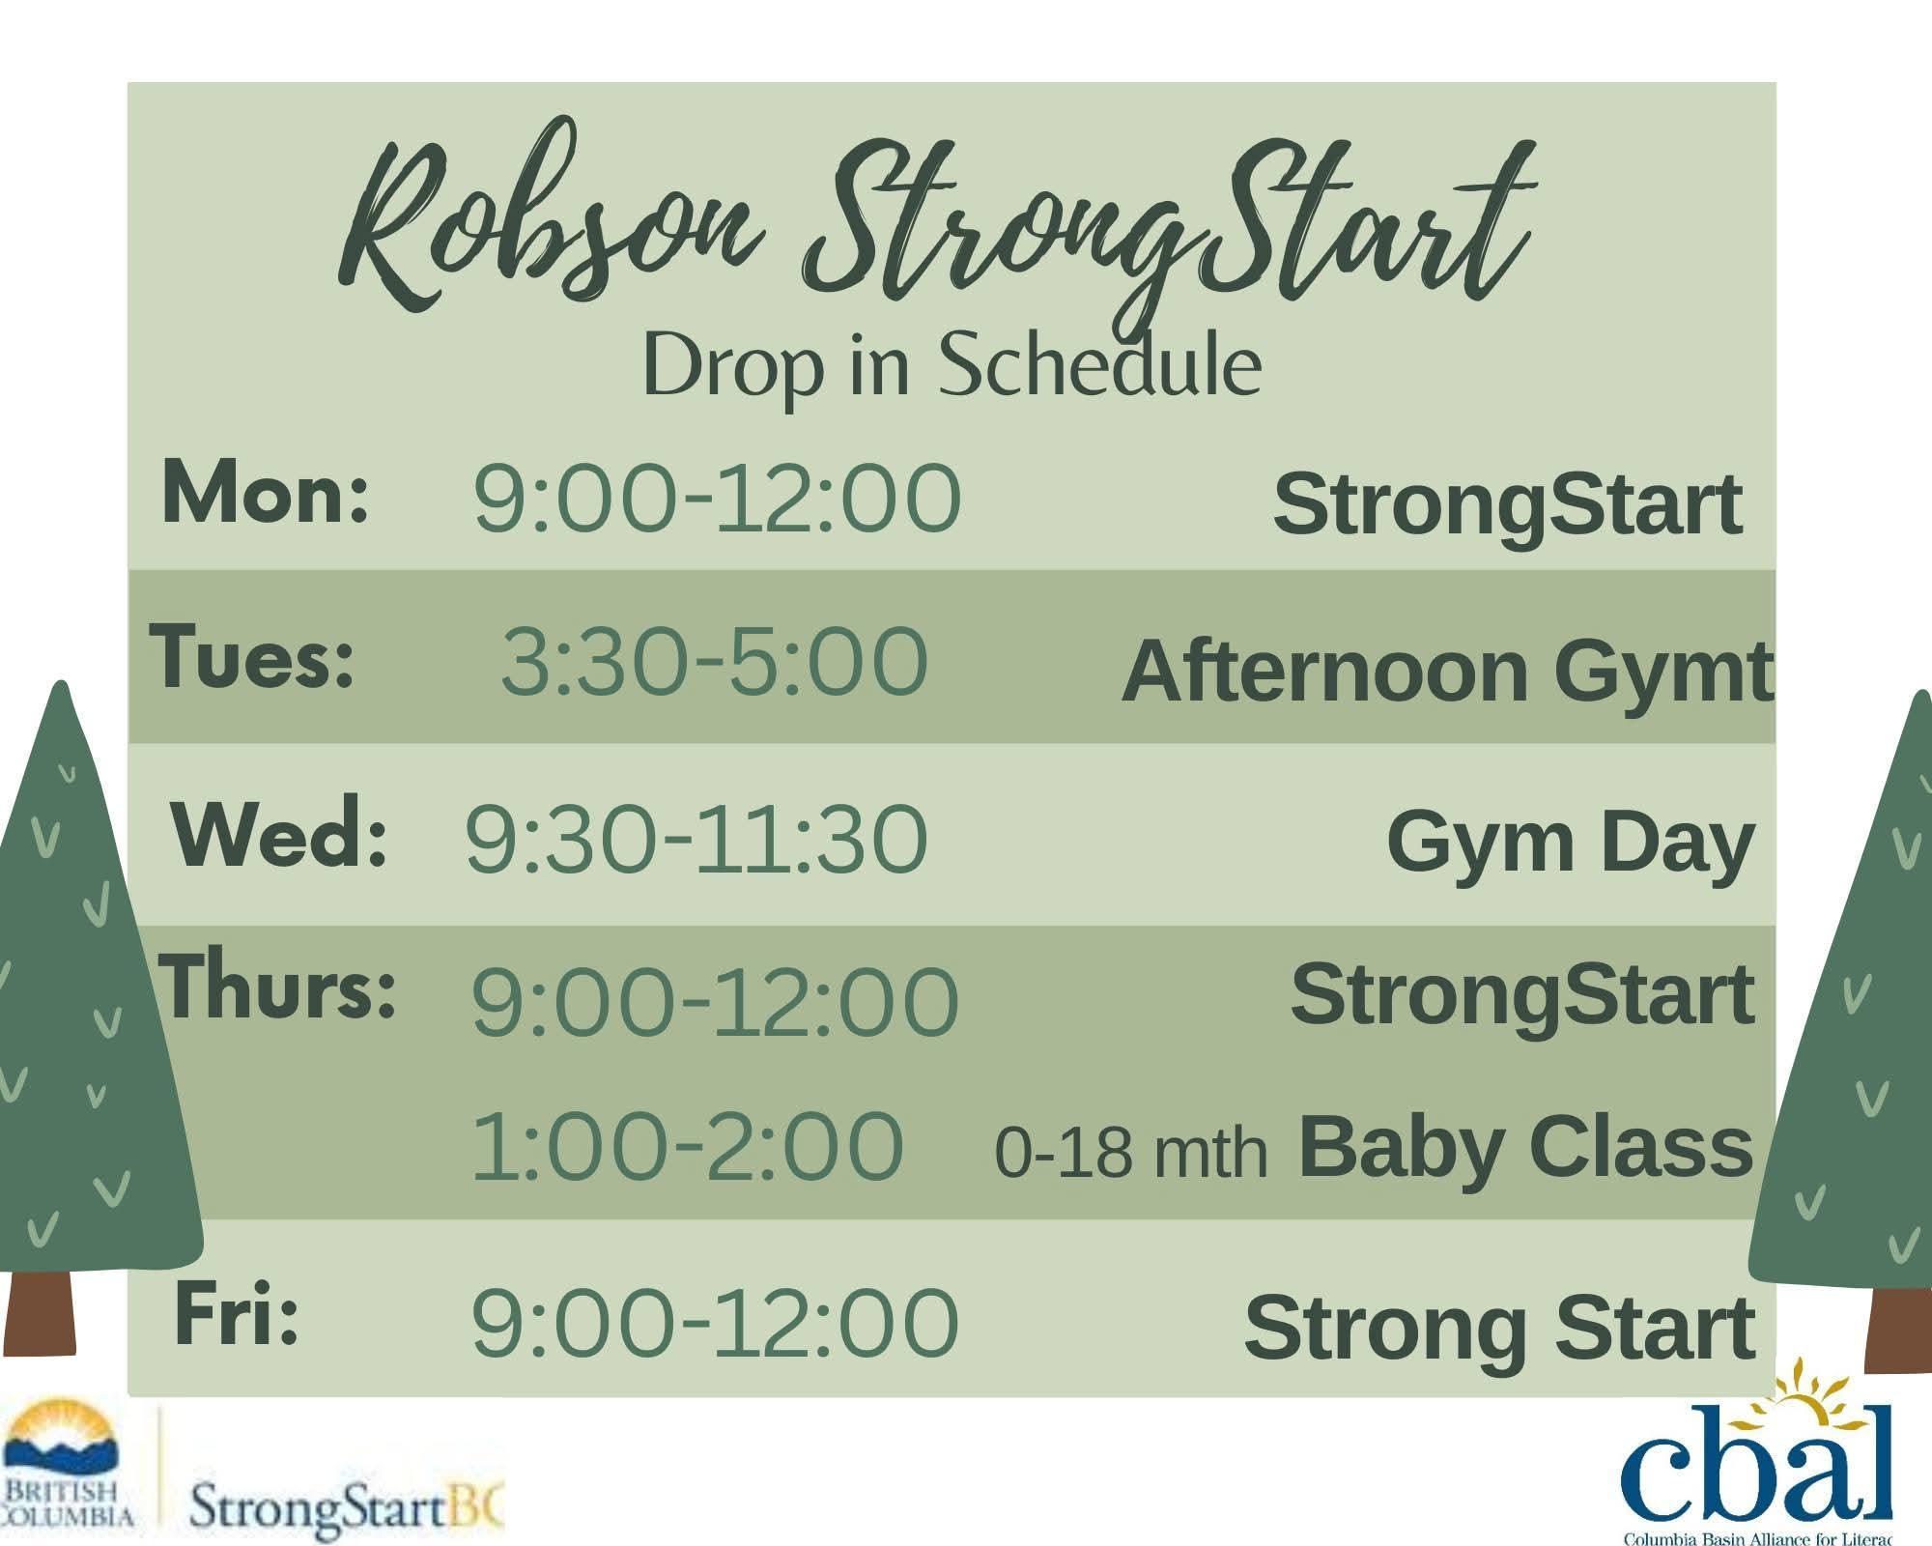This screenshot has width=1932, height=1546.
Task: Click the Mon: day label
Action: pos(266,493)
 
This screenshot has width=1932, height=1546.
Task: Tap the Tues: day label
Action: pos(252,657)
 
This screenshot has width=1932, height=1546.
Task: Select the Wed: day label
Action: pos(280,832)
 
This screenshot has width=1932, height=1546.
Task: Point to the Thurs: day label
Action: pos(278,987)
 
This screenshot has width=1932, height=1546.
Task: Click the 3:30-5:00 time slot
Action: pos(714,662)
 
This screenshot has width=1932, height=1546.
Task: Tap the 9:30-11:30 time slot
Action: pos(696,839)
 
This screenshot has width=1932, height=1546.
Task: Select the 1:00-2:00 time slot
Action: pos(687,1147)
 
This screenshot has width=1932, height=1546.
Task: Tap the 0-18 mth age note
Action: pos(1130,1154)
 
